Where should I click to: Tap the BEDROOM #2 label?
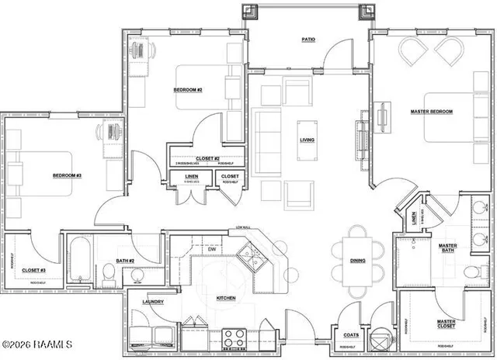click(187, 90)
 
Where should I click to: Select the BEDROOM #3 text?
click(67, 175)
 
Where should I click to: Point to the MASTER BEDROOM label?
click(431, 112)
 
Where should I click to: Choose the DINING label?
click(357, 261)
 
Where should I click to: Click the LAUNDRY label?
click(152, 302)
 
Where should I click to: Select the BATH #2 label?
click(126, 261)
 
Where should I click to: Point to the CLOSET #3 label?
click(33, 269)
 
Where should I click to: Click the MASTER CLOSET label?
click(445, 324)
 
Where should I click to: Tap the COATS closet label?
click(350, 335)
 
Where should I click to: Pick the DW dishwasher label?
click(211, 249)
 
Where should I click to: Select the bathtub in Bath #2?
click(80, 262)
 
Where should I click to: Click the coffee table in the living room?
click(308, 140)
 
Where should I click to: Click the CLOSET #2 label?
click(197, 158)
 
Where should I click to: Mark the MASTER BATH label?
click(447, 247)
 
